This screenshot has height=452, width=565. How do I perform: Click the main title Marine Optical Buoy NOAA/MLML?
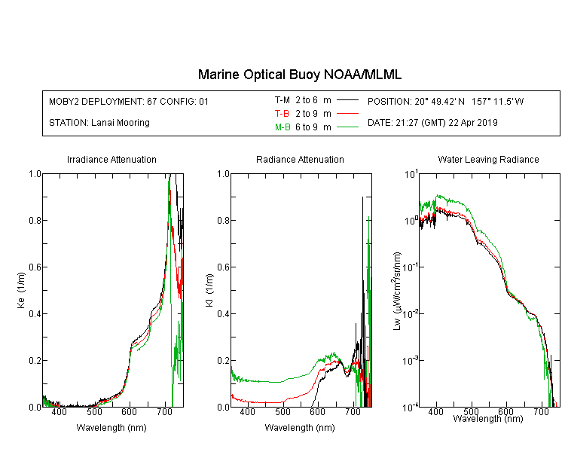click(x=300, y=75)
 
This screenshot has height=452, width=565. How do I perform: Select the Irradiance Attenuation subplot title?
click(x=111, y=159)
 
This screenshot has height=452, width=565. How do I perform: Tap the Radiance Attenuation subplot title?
click(x=300, y=159)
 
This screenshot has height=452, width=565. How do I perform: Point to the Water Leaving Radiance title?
click(x=488, y=159)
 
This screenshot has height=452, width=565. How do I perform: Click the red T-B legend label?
click(x=282, y=114)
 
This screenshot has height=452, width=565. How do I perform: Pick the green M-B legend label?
click(x=282, y=127)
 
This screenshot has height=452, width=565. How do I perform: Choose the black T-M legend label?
click(x=282, y=100)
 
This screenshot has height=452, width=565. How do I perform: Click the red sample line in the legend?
click(x=348, y=114)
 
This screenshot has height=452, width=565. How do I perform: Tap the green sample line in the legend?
click(x=348, y=127)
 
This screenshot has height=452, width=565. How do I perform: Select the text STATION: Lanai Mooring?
click(x=99, y=123)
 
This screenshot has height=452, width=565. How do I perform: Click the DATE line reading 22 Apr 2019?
click(x=432, y=123)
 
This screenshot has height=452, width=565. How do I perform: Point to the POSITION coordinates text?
click(x=445, y=101)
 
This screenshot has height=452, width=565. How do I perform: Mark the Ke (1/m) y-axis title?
click(x=21, y=291)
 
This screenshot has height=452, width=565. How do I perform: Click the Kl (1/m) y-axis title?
click(x=209, y=291)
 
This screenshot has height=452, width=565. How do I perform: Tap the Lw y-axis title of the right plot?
click(x=397, y=291)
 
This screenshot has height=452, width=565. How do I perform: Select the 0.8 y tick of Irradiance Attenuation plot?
click(x=35, y=220)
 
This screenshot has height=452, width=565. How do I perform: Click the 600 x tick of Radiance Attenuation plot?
click(x=317, y=411)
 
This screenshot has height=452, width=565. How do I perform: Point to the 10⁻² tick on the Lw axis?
click(x=411, y=313)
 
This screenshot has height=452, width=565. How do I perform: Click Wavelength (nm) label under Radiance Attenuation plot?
click(x=300, y=428)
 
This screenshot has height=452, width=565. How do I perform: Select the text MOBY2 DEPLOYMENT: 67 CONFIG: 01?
click(x=129, y=101)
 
